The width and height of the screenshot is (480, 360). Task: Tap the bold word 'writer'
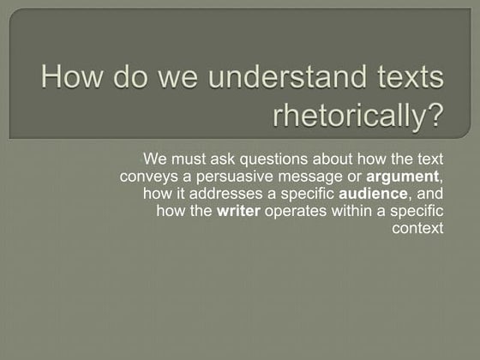[x=238, y=212]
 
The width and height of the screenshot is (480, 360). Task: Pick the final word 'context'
[x=417, y=229]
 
